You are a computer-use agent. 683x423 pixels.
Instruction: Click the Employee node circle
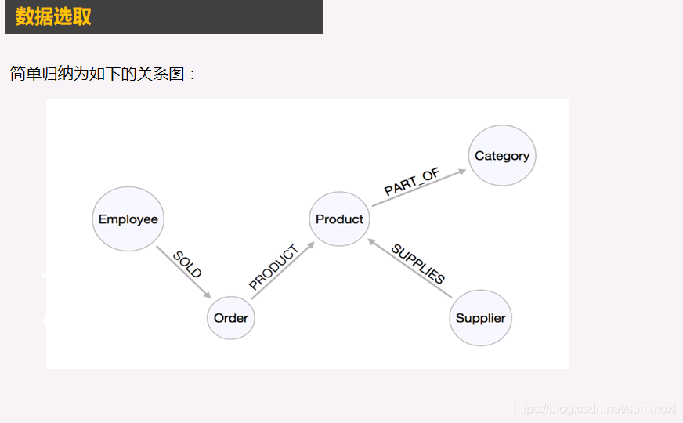pyautogui.click(x=128, y=219)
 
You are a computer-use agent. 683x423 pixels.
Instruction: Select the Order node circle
pyautogui.click(x=231, y=317)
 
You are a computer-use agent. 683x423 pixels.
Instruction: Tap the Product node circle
pyautogui.click(x=339, y=219)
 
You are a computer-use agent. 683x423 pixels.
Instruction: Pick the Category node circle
pyautogui.click(x=502, y=156)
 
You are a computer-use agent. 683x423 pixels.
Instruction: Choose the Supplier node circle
pyautogui.click(x=480, y=317)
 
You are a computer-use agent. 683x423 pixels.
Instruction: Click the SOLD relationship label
pyautogui.click(x=187, y=265)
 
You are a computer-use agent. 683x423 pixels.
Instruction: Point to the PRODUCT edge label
pyautogui.click(x=273, y=268)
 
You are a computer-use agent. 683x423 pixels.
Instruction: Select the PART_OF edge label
pyautogui.click(x=412, y=183)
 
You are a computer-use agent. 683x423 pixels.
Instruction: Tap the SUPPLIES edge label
pyautogui.click(x=417, y=264)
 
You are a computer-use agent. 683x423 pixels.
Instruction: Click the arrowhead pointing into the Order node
pyautogui.click(x=208, y=295)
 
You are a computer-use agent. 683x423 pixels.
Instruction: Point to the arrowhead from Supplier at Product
pyautogui.click(x=370, y=241)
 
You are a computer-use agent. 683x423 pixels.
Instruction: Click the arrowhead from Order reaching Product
pyautogui.click(x=310, y=245)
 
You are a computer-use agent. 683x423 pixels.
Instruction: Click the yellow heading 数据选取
pyautogui.click(x=53, y=16)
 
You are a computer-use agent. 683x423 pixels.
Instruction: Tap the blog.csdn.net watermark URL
pyautogui.click(x=594, y=409)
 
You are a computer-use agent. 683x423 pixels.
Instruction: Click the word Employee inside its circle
pyautogui.click(x=128, y=219)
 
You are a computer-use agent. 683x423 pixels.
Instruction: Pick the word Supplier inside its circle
pyautogui.click(x=480, y=318)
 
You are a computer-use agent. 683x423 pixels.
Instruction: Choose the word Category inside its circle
pyautogui.click(x=502, y=156)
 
